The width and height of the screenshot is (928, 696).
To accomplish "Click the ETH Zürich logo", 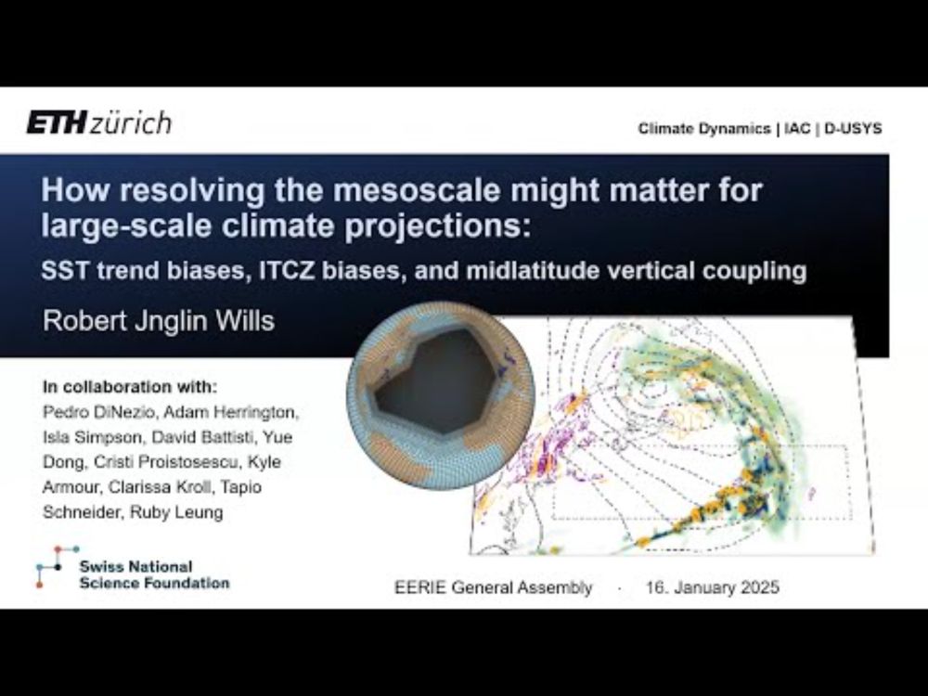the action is coord(99,122).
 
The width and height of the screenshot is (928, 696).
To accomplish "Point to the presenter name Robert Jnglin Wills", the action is coord(159,321).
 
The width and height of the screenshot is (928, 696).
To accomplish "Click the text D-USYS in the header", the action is coord(853,128).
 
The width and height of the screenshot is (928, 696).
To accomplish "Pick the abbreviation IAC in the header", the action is coord(797,128).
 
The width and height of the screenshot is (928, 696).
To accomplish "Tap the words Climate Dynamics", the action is coord(704,128).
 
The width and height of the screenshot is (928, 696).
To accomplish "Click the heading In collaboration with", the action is coord(130,387).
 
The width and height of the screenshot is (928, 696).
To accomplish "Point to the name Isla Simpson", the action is coord(92,437).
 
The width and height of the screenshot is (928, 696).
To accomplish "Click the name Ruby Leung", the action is coord(176,512).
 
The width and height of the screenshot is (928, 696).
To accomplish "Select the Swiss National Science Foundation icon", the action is coord(58,567).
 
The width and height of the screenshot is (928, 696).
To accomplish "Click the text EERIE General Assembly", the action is coord(494,587).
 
